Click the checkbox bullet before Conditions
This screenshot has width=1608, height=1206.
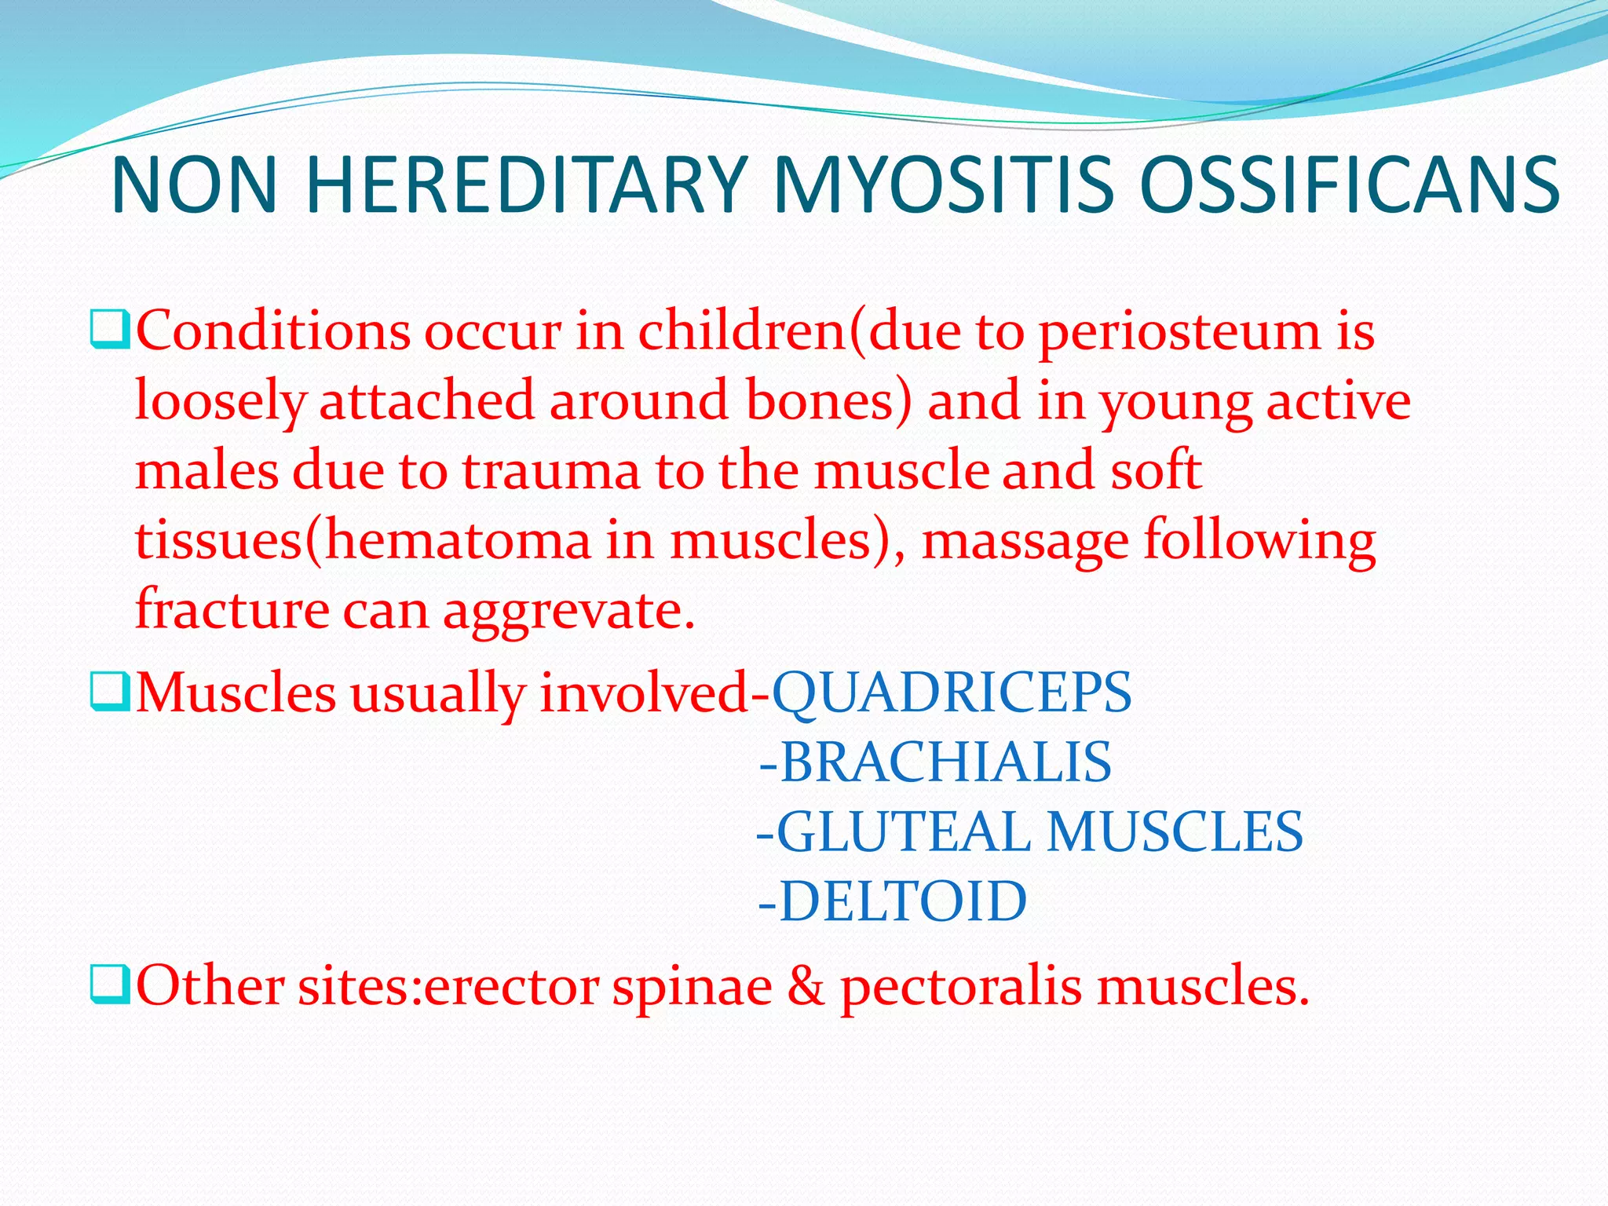pyautogui.click(x=109, y=330)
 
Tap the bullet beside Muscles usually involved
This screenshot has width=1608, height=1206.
pyautogui.click(x=109, y=692)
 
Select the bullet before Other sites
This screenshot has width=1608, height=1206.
pyautogui.click(x=109, y=985)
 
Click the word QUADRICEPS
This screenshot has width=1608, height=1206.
pyautogui.click(x=952, y=693)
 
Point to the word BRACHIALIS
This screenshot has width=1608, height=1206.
pyautogui.click(x=945, y=762)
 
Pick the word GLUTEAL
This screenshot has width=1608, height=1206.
pyautogui.click(x=903, y=832)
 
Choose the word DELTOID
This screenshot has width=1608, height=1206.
pyautogui.click(x=902, y=901)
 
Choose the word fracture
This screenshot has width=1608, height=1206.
pyautogui.click(x=232, y=610)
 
